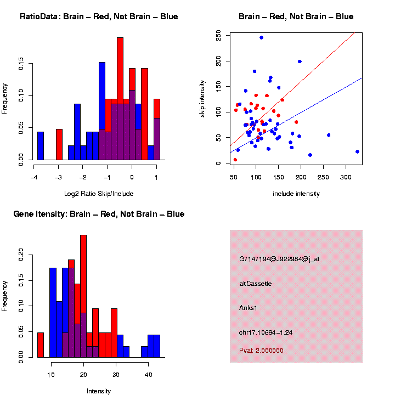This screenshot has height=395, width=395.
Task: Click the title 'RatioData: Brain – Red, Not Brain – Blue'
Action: click(x=99, y=16)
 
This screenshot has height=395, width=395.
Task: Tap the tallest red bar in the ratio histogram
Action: click(x=120, y=99)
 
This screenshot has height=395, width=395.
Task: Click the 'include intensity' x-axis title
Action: click(x=296, y=194)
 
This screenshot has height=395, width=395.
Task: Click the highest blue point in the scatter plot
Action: click(x=262, y=38)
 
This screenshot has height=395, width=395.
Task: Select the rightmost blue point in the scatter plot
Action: click(x=357, y=151)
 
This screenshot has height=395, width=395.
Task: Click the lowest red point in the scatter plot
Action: click(x=235, y=160)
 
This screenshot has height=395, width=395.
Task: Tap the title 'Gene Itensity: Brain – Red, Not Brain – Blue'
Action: click(x=99, y=214)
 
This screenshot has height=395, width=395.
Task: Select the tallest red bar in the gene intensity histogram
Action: click(x=83, y=296)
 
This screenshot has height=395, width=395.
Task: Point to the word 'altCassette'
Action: click(x=256, y=284)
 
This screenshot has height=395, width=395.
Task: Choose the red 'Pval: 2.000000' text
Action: click(x=262, y=350)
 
